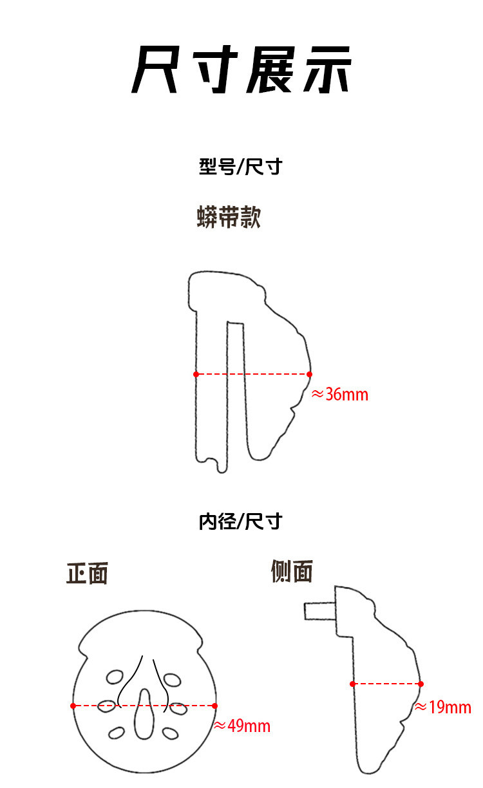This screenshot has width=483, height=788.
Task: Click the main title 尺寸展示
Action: point(241,70)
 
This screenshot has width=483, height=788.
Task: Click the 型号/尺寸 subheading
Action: point(240,166)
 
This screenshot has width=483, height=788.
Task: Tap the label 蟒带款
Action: point(229,217)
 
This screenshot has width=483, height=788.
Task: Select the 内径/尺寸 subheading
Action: point(240,521)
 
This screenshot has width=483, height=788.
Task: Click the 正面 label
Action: point(87,573)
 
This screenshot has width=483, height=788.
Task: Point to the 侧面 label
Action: point(292,571)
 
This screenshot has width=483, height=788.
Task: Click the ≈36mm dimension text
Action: point(340,395)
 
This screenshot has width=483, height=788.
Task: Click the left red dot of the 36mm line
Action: point(196,374)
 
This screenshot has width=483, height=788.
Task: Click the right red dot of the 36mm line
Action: point(309,374)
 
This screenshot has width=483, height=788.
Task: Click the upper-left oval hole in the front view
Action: point(115,677)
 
